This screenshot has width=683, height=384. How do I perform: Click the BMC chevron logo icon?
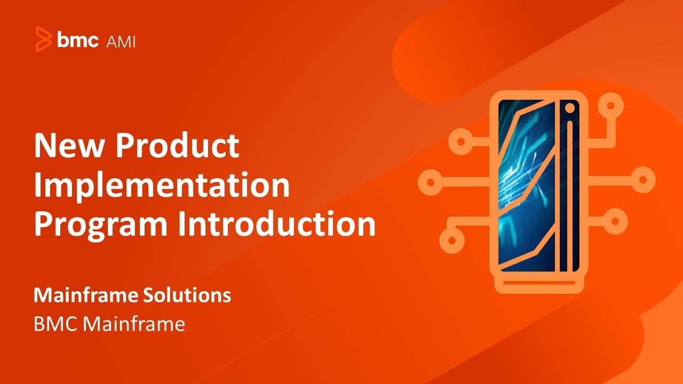[44, 39]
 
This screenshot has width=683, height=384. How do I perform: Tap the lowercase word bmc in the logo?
[78, 39]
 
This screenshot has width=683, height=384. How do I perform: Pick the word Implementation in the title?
[162, 185]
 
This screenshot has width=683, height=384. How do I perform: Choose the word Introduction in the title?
[277, 224]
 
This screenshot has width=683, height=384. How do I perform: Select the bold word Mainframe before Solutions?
[86, 295]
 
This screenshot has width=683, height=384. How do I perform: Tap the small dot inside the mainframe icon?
[570, 108]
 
